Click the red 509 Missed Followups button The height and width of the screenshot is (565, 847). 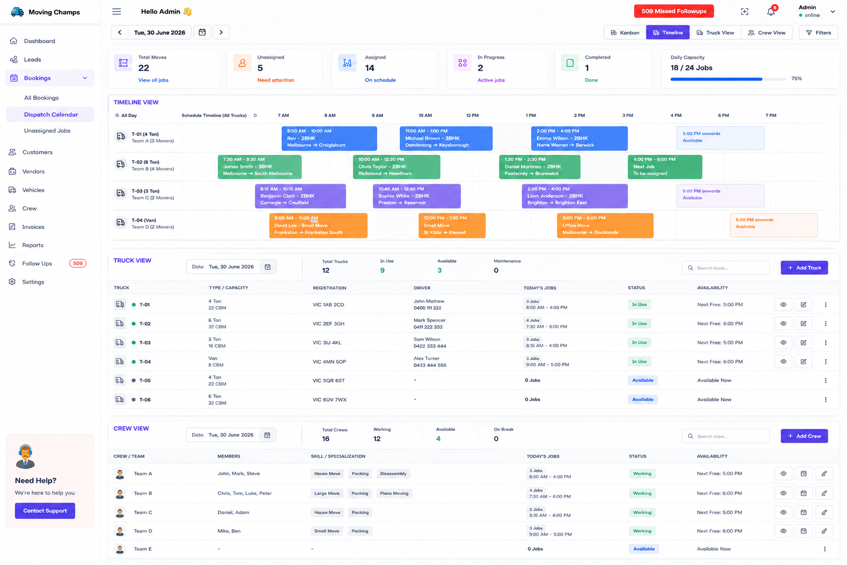coord(674,12)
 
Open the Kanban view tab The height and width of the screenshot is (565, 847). coord(625,33)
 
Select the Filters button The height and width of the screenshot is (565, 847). coord(818,33)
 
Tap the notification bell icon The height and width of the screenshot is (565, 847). coord(770,12)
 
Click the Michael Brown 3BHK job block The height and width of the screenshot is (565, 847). coord(446,138)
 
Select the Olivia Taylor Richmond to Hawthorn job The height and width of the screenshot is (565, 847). coord(396,167)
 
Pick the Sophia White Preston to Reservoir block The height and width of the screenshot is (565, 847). coord(417,196)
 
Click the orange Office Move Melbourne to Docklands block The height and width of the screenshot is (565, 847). coord(605,225)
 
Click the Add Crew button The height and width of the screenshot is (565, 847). coord(805,436)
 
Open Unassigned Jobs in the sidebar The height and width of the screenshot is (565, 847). coord(47,131)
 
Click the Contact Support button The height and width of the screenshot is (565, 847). coord(45,510)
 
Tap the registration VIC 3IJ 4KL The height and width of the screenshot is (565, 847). coord(327,343)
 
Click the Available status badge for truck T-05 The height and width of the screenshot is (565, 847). coord(643,380)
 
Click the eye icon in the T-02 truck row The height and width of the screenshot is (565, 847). coord(784,323)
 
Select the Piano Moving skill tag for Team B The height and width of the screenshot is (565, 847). coord(394,493)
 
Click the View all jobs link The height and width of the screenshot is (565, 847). coord(153,80)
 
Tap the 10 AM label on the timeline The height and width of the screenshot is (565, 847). coord(425,115)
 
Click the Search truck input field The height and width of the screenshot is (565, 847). coord(726,268)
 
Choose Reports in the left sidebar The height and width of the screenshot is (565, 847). coord(33,245)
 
